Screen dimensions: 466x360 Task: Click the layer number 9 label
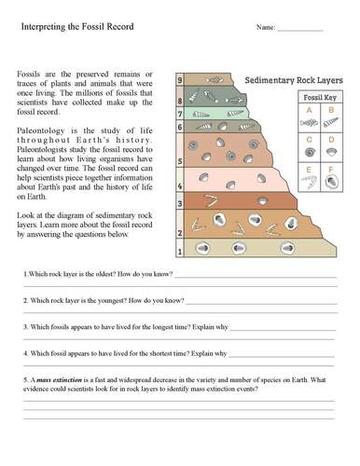pos(179,82)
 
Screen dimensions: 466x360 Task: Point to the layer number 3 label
pos(179,201)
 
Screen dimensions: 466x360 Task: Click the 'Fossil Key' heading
pos(316,98)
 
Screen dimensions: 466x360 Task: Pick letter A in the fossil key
pos(307,110)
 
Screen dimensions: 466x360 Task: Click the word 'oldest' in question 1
pos(87,275)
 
